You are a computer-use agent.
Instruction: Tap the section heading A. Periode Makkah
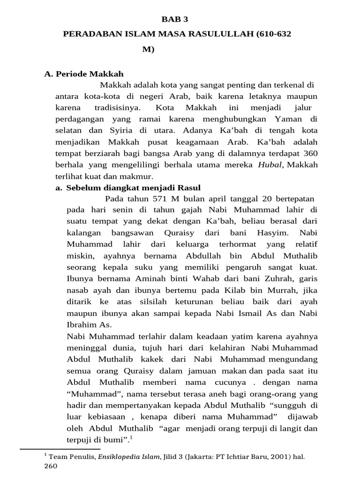click(84, 74)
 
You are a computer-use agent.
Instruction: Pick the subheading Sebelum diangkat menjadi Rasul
click(123, 187)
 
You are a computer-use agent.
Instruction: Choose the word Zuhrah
click(262, 278)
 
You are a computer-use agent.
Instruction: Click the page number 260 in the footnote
click(50, 467)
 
